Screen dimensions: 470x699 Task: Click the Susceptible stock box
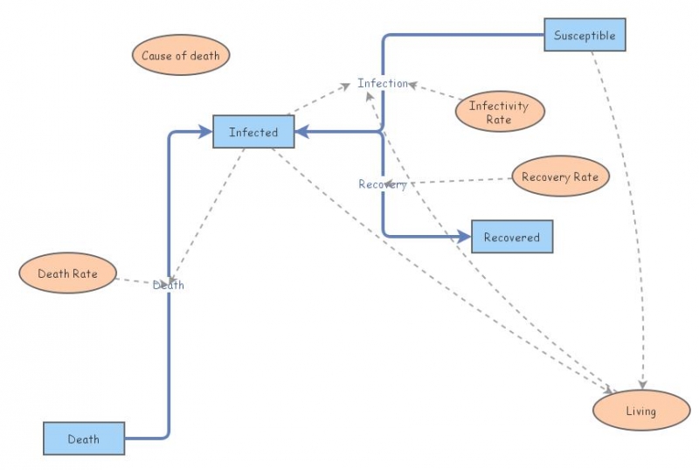[x=585, y=35]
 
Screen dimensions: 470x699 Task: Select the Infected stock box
[x=253, y=132]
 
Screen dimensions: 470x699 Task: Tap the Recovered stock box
[x=511, y=237]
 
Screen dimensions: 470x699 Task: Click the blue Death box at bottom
[x=84, y=439]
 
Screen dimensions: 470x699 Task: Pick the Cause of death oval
[x=181, y=56]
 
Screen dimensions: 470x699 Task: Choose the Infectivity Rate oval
[x=499, y=112]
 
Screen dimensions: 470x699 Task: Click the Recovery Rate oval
[x=559, y=177]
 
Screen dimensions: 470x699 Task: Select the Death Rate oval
[x=67, y=273]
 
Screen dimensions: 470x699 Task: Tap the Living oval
[x=640, y=411]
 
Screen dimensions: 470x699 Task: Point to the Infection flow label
[x=382, y=84]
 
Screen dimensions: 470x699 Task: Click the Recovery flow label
[x=382, y=184]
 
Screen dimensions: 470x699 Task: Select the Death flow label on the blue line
[x=169, y=285]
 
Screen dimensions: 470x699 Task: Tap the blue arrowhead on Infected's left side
[x=206, y=132]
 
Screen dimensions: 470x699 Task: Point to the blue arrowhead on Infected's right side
[x=301, y=132]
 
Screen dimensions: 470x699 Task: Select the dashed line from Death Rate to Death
[x=133, y=281]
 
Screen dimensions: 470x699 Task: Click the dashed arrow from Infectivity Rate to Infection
[x=434, y=93]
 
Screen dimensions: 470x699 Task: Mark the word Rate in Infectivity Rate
[x=499, y=120]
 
